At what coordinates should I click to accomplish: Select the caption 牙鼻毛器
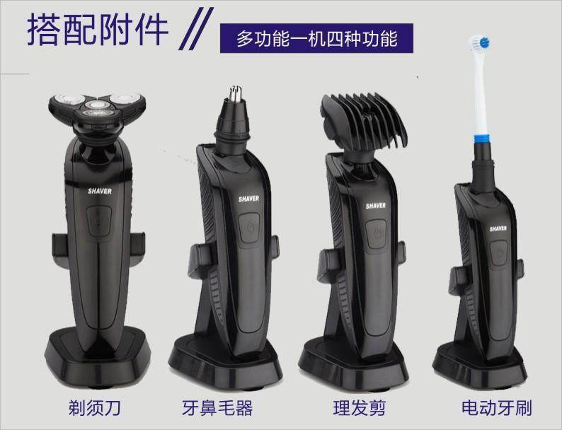coord(217,408)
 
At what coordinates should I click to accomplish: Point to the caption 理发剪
coord(355,408)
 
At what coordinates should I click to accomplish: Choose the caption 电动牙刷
coord(496,408)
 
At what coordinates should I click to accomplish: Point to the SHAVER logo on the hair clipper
coord(375,205)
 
